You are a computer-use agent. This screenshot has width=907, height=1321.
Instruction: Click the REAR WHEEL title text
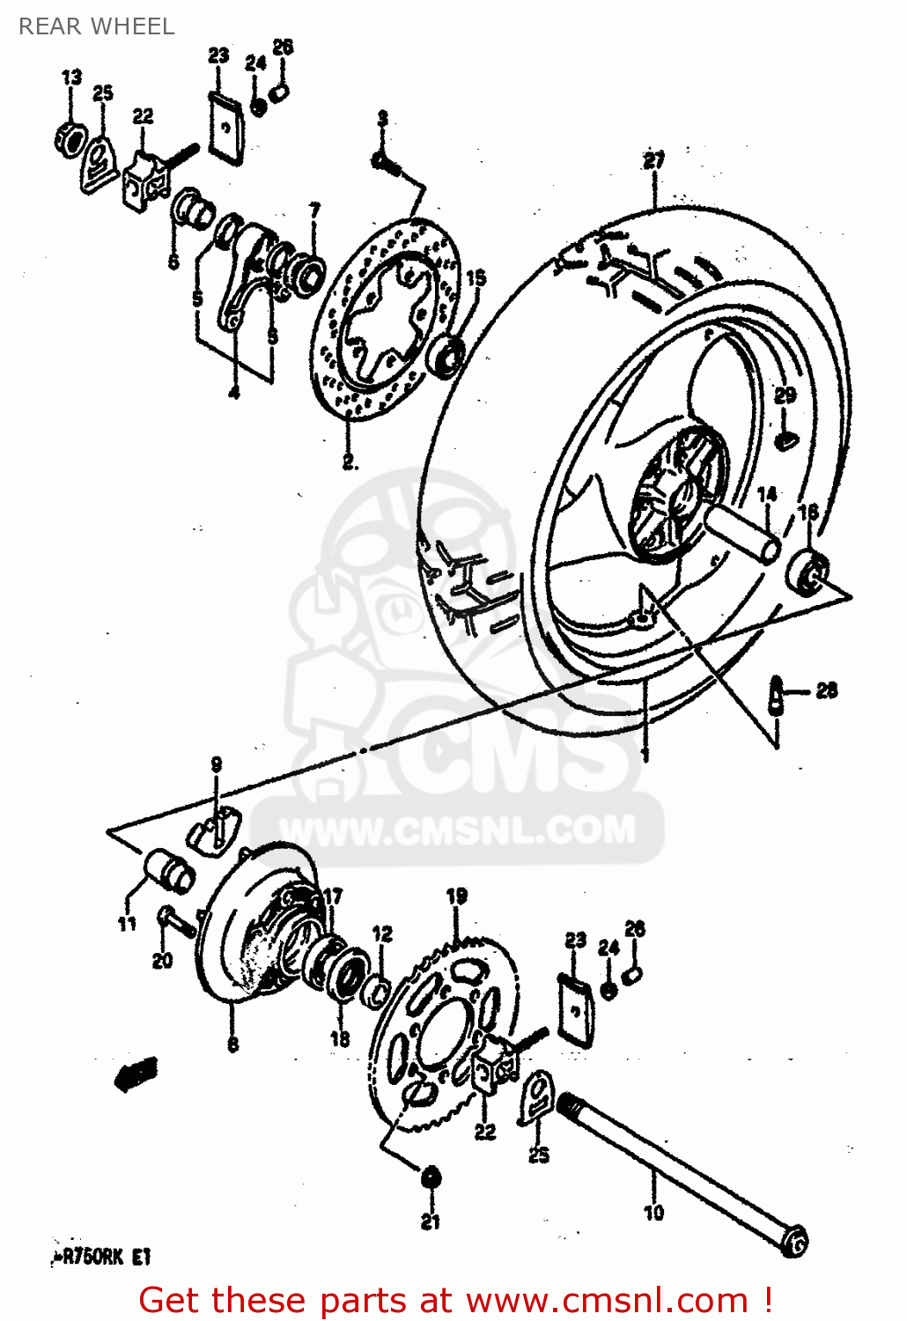point(96,26)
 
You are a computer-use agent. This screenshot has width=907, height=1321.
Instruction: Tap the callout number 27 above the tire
point(653,160)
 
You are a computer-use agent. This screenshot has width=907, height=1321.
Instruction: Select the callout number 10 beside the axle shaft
point(653,1213)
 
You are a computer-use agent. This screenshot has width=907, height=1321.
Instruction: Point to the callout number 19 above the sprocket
point(456,897)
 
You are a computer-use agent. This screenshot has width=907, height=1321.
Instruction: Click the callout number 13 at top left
point(71,77)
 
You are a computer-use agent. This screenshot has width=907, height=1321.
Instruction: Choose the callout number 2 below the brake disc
point(349,461)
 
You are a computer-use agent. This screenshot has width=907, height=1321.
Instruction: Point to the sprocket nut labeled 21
point(431,1177)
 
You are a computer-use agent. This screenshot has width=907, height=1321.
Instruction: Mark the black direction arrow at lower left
point(136,1074)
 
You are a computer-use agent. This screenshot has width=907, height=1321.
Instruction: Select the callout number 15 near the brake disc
point(476,278)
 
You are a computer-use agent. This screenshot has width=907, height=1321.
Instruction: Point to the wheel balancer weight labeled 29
point(785,436)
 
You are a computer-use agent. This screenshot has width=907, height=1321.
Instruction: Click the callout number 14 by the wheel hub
point(766,494)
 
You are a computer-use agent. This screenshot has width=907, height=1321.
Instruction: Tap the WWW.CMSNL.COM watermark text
point(458,830)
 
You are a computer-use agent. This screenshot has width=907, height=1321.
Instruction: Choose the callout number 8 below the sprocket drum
point(232,1044)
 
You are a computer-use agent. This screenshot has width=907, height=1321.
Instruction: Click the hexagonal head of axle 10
point(795,1242)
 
